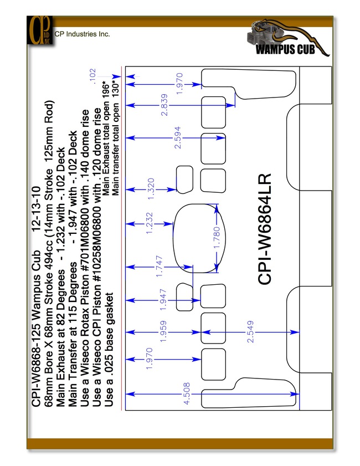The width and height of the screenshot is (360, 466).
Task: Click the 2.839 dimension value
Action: pyautogui.click(x=164, y=105)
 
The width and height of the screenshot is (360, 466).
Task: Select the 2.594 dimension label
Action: pyautogui.click(x=178, y=137)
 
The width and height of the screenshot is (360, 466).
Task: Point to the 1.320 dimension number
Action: pyautogui.click(x=151, y=189)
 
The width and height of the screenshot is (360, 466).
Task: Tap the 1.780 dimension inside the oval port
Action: pyautogui.click(x=217, y=238)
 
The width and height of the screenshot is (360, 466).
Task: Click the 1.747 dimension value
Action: pyautogui.click(x=159, y=267)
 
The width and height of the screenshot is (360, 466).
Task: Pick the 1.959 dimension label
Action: pyautogui.click(x=163, y=331)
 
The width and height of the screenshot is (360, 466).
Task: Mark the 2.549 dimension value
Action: pyautogui.click(x=250, y=331)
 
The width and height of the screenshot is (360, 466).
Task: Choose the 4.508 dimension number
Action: pyautogui.click(x=187, y=393)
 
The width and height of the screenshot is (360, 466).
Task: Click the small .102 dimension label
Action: pyautogui.click(x=92, y=76)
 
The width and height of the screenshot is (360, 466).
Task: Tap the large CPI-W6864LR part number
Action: pyautogui.click(x=265, y=229)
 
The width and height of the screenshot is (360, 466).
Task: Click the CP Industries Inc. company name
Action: pyautogui.click(x=83, y=34)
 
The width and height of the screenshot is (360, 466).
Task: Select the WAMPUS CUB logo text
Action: pyautogui.click(x=285, y=49)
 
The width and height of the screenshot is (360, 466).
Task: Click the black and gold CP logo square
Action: pyautogui.click(x=40, y=30)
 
